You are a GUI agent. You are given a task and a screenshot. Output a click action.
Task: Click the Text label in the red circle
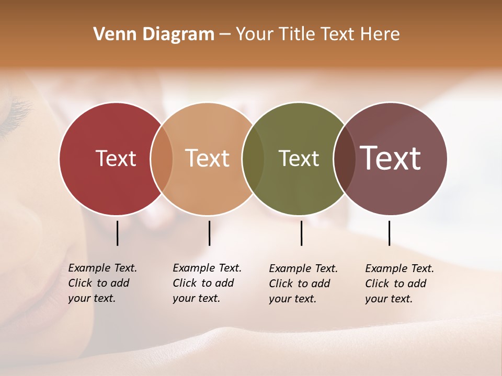[x=116, y=158]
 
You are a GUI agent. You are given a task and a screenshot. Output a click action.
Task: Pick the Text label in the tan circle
[x=208, y=158]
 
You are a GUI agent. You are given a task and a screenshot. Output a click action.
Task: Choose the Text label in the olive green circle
[x=299, y=158]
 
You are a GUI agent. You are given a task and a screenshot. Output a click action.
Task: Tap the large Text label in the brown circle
[x=391, y=158]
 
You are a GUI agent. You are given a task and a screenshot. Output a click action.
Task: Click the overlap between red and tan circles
[x=162, y=158]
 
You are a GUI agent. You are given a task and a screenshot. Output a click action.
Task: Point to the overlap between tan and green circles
[x=253, y=158]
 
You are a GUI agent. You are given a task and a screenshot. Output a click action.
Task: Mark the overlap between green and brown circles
[x=344, y=158]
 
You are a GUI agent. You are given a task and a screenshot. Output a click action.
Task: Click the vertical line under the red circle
[x=117, y=233]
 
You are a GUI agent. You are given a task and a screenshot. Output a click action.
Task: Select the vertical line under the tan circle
[x=209, y=233]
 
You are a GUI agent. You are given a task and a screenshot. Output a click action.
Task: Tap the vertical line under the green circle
[x=301, y=233]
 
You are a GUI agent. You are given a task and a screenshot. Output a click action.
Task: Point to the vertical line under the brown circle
[x=389, y=233]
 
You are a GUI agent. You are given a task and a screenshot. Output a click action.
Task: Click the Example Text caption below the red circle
[x=102, y=283]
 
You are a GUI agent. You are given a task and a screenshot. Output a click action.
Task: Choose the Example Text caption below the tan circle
[x=207, y=283]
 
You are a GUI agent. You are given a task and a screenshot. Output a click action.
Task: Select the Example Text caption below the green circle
[x=303, y=284]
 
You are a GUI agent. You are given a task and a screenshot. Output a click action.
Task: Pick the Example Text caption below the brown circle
[x=400, y=284]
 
